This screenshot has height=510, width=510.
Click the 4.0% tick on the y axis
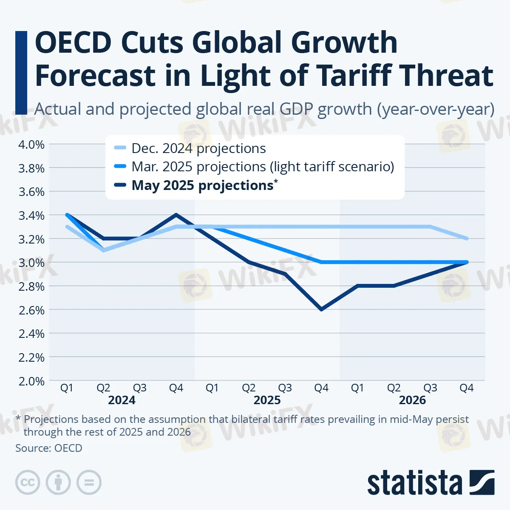(x=31, y=144)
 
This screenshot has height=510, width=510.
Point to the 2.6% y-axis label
(x=31, y=310)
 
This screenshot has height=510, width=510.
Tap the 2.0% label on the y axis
(x=31, y=381)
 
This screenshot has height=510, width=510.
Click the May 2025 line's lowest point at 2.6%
(x=321, y=309)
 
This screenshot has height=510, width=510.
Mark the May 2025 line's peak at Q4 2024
(x=176, y=215)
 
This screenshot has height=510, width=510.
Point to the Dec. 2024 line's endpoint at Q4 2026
(x=467, y=238)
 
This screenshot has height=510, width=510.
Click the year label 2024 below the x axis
(x=122, y=400)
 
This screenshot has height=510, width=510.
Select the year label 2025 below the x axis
(x=267, y=400)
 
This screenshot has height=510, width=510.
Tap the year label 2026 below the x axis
(x=412, y=400)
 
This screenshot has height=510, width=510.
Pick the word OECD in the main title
(x=73, y=42)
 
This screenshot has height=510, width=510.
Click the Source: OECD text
(x=49, y=448)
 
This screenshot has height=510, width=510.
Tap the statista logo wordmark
(x=414, y=483)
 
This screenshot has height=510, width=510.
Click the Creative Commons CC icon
(x=28, y=482)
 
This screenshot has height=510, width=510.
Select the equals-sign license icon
(x=89, y=482)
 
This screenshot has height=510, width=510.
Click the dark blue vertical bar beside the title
(x=21, y=72)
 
